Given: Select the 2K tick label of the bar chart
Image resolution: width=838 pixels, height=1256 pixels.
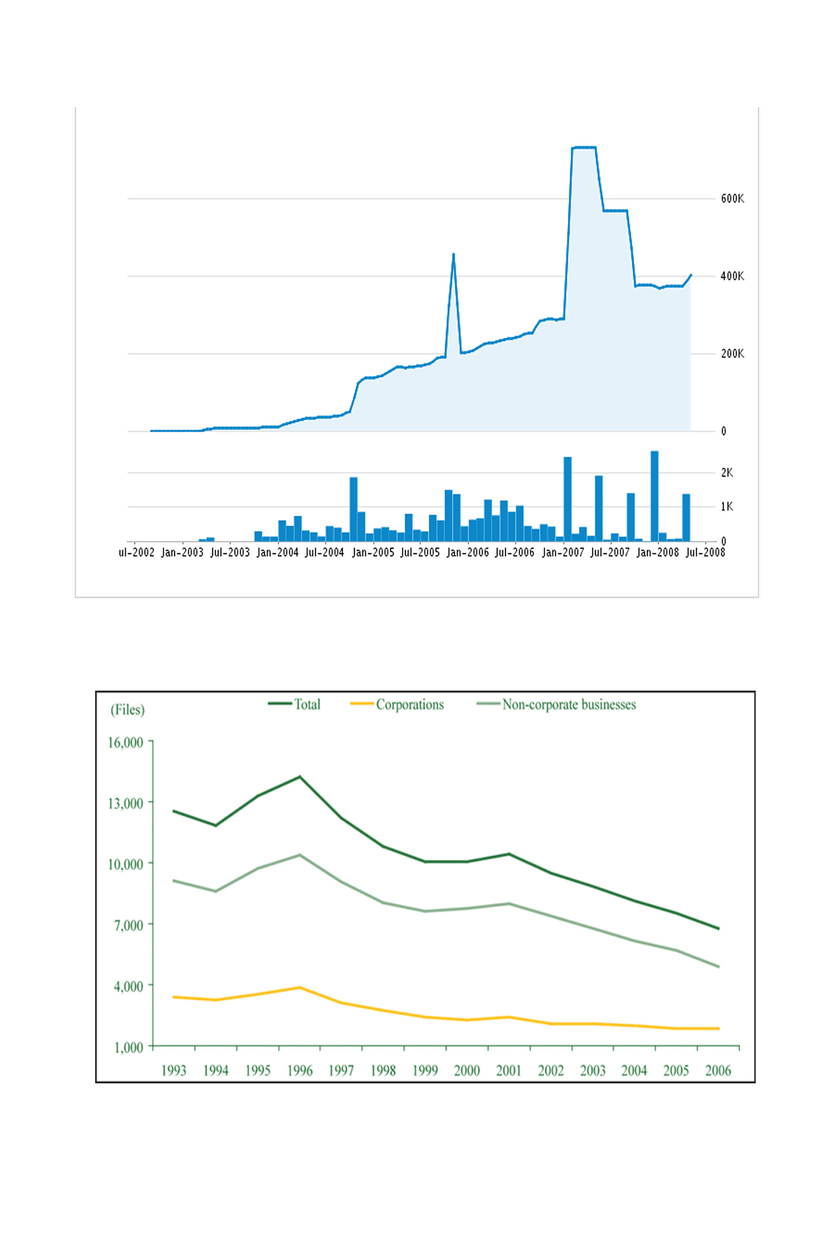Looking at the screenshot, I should (x=727, y=473).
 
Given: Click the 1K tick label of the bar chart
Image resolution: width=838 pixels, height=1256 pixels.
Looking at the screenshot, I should (x=727, y=506).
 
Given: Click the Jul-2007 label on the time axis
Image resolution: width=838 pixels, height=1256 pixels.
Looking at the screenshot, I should (x=610, y=553).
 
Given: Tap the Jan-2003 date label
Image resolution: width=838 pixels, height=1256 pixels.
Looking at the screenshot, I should (x=182, y=553).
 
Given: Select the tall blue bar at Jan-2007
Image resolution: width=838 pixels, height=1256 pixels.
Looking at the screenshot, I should (x=567, y=499).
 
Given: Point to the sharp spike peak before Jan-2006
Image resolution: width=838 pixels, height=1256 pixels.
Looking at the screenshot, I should (x=453, y=255).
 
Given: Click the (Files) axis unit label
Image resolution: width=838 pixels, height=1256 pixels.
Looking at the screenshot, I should (x=127, y=710).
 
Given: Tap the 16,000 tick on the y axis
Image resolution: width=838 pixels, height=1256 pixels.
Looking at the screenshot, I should (x=126, y=742).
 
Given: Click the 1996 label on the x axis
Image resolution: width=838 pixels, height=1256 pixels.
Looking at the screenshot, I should (x=300, y=1071).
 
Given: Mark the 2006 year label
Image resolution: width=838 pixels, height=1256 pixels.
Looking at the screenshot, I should (x=718, y=1071).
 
